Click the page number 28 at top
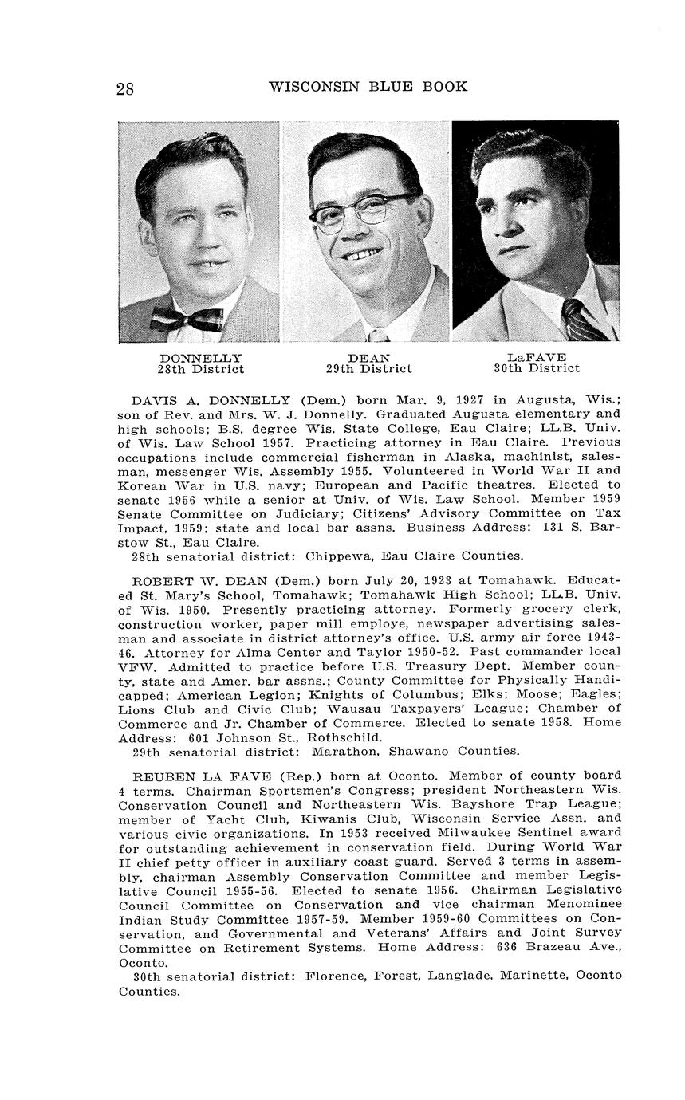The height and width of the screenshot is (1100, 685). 125,88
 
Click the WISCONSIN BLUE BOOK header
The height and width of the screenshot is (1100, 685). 368,86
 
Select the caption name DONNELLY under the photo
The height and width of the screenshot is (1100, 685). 200,358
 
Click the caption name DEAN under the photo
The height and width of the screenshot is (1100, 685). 368,358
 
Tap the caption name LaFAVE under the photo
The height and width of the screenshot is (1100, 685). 536,357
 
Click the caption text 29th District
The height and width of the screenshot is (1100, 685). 368,369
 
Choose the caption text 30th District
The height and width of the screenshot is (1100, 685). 536,368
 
